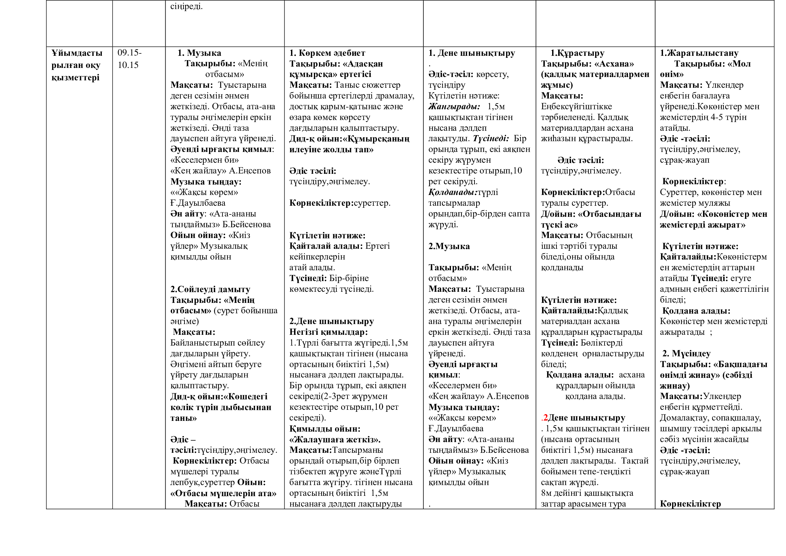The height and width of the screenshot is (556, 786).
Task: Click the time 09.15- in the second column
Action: pyautogui.click(x=129, y=53)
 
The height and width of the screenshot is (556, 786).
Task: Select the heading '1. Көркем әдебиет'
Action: pyautogui.click(x=327, y=53)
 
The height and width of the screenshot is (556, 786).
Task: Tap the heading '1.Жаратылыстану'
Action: pyautogui.click(x=699, y=53)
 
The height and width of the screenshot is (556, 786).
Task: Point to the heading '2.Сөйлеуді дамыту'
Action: pyautogui.click(x=210, y=289)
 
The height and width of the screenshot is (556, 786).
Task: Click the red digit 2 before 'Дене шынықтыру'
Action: pyautogui.click(x=545, y=418)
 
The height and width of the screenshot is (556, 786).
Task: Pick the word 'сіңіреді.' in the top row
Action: pyautogui.click(x=186, y=6)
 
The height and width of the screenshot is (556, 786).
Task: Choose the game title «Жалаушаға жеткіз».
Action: pyautogui.click(x=334, y=440)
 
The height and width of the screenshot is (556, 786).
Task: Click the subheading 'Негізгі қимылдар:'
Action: pyautogui.click(x=328, y=332)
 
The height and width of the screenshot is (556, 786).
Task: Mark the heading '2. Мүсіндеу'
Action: pyautogui.click(x=686, y=354)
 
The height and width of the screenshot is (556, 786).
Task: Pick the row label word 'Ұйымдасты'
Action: pyautogui.click(x=77, y=53)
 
